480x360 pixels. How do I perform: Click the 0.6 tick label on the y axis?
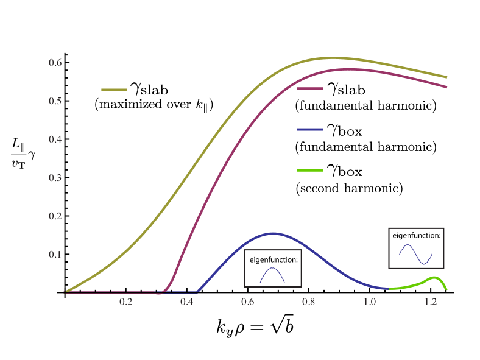click(x=55, y=63)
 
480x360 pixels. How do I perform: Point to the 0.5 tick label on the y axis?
click(x=55, y=101)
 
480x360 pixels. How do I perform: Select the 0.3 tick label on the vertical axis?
click(x=55, y=178)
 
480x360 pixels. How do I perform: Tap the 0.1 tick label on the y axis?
click(x=55, y=255)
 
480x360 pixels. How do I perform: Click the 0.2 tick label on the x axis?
click(x=125, y=302)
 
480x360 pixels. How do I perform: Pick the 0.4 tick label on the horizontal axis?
click(x=186, y=302)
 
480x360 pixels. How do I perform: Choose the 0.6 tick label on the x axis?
click(x=247, y=302)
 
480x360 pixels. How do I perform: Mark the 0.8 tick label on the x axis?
click(x=308, y=302)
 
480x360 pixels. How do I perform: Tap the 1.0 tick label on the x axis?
click(x=369, y=302)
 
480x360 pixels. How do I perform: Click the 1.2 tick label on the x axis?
click(x=430, y=302)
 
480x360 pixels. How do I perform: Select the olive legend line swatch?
click(x=114, y=90)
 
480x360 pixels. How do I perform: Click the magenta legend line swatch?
click(x=310, y=89)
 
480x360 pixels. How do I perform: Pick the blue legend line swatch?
click(x=310, y=130)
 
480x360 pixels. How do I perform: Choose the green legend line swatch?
click(x=310, y=170)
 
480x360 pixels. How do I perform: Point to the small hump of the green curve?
click(x=435, y=278)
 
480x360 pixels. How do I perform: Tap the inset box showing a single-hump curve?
click(x=273, y=268)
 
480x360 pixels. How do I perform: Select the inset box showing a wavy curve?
click(x=416, y=248)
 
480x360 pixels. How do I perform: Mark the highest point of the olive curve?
click(x=330, y=58)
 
